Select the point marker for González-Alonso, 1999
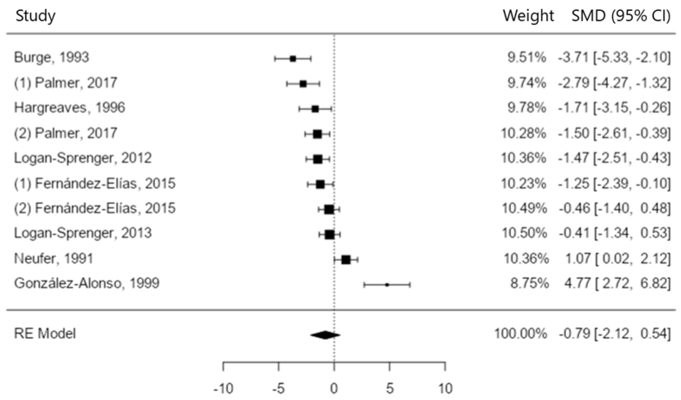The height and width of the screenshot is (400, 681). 387,285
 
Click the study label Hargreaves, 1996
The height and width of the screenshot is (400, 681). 69,108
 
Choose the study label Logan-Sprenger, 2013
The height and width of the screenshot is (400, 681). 83,233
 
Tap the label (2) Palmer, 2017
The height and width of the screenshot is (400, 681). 65,133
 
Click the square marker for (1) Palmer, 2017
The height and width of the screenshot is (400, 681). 303,84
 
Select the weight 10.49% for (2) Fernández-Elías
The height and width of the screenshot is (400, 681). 524,208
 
